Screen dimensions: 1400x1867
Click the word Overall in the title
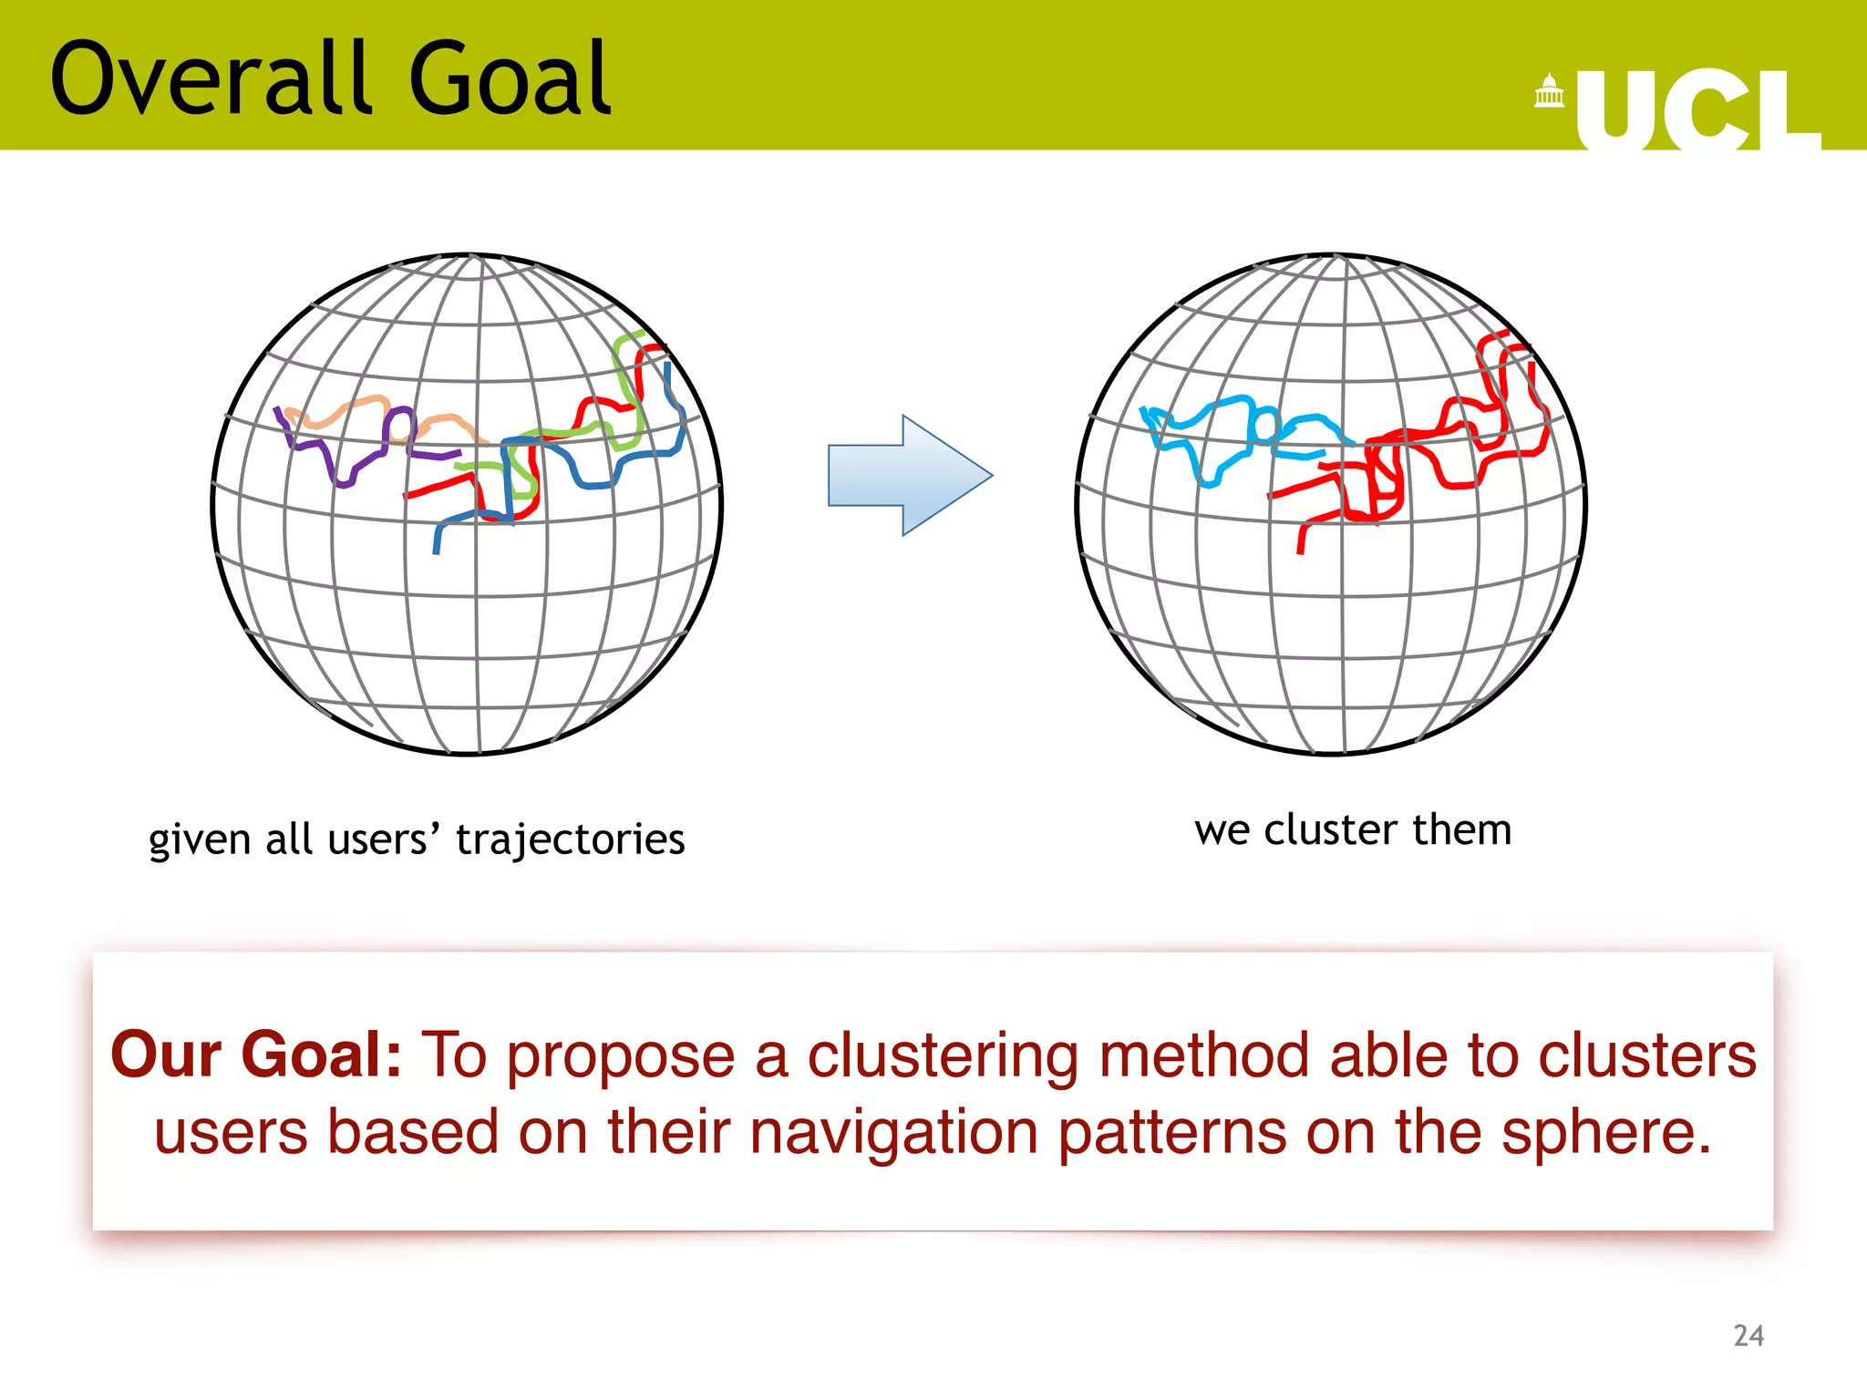[x=210, y=80]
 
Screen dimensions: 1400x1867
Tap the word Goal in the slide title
[x=511, y=80]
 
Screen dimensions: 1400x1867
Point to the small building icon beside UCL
[x=1549, y=91]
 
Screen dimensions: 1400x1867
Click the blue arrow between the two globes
[x=909, y=475]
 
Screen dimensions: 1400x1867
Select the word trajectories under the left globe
[x=570, y=839]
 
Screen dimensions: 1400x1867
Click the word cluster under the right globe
[x=1330, y=829]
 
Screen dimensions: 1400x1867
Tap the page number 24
[x=1748, y=1335]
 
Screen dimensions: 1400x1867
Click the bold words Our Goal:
[x=256, y=1055]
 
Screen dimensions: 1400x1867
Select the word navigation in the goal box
[x=894, y=1133]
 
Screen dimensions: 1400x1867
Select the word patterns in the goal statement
[x=1172, y=1133]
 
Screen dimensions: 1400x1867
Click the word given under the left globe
[x=200, y=839]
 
